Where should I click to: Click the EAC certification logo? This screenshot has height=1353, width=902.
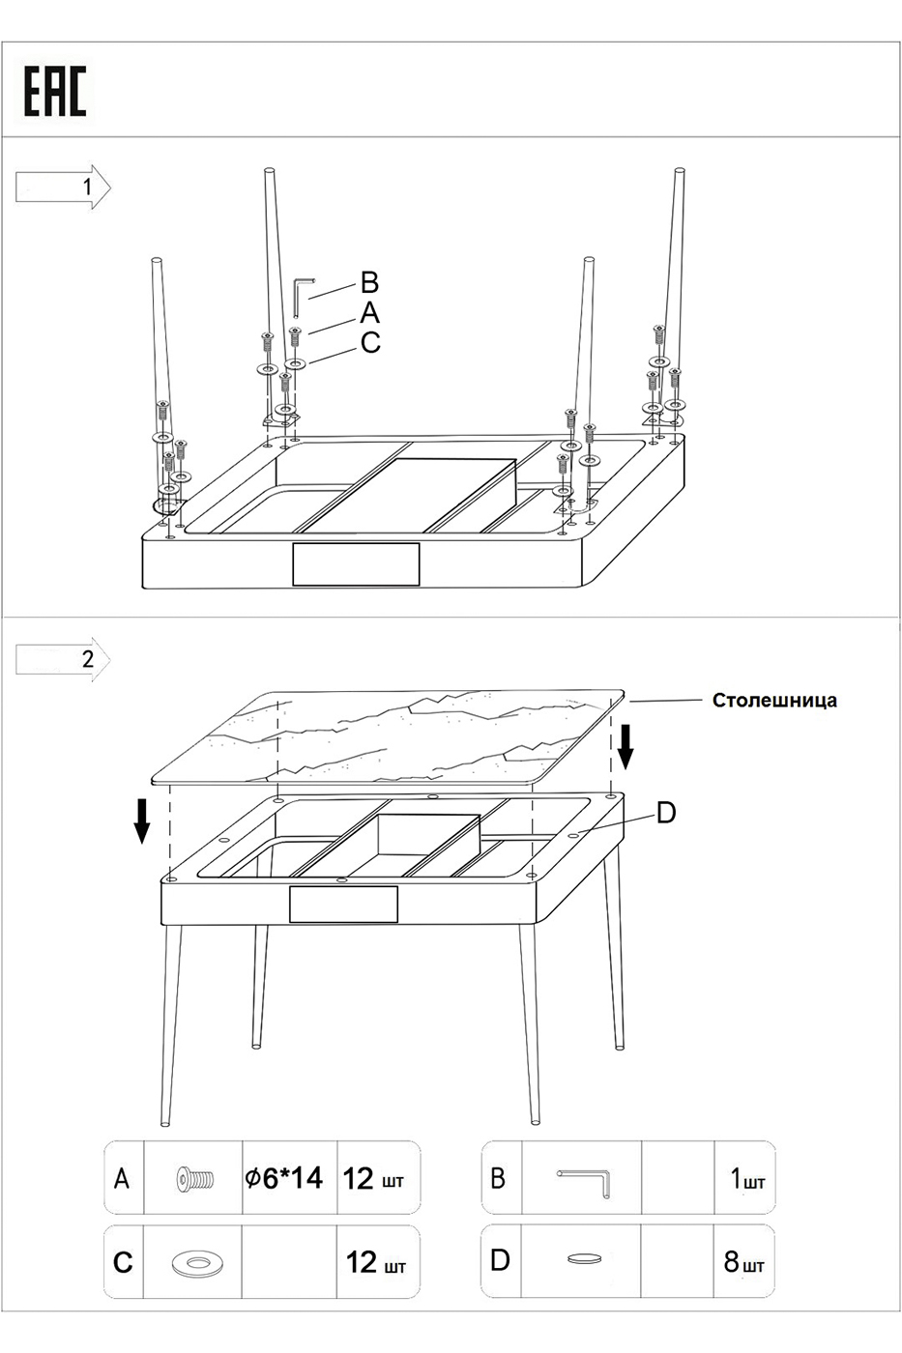coord(55,93)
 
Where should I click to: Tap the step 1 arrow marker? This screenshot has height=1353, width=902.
coord(64,187)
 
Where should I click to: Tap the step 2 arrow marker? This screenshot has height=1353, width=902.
coord(64,659)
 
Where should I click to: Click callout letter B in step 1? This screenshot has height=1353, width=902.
coord(369,283)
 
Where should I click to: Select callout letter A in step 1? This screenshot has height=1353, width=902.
coord(369,313)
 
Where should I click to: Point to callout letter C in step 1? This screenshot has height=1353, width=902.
coord(370,342)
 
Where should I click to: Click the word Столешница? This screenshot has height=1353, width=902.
coord(774,701)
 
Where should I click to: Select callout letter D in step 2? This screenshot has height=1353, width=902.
coord(666,814)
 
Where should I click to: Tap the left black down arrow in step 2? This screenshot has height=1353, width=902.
coord(142,820)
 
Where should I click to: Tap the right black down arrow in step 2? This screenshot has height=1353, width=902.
coord(625,747)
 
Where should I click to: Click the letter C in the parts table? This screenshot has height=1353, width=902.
coord(123,1262)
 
